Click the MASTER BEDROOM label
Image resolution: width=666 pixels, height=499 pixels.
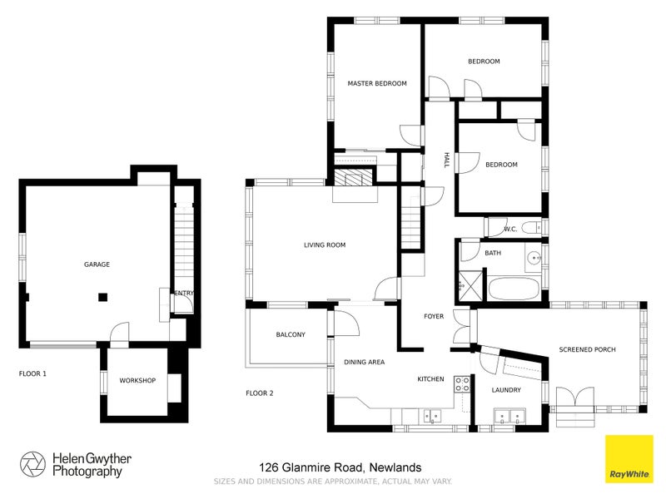376,83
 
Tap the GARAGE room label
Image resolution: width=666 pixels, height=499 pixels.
97,264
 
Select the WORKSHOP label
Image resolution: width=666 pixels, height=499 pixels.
137,381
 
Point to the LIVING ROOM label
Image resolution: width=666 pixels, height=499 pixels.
324,245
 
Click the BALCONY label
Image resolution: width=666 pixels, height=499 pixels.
291,334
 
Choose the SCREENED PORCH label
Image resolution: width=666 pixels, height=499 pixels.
587,349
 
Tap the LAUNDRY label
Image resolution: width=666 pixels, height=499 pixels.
505,389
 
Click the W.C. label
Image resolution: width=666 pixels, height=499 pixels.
511,229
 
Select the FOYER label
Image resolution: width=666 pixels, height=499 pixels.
434,316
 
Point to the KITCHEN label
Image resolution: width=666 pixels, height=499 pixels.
430,379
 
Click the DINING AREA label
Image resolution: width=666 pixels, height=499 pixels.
364,362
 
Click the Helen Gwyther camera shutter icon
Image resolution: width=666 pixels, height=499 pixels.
33,465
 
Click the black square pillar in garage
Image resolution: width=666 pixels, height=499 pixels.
102,295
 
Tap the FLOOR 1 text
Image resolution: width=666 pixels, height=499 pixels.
32,374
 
